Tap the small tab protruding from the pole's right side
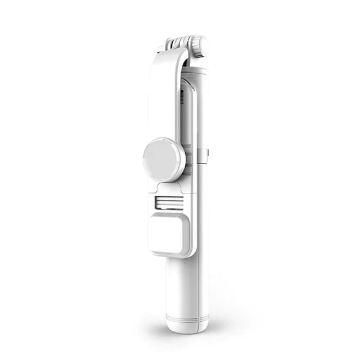pyautogui.click(x=208, y=152)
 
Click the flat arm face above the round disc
pyautogui.click(x=163, y=107)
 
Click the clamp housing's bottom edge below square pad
pyautogui.click(x=172, y=254)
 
